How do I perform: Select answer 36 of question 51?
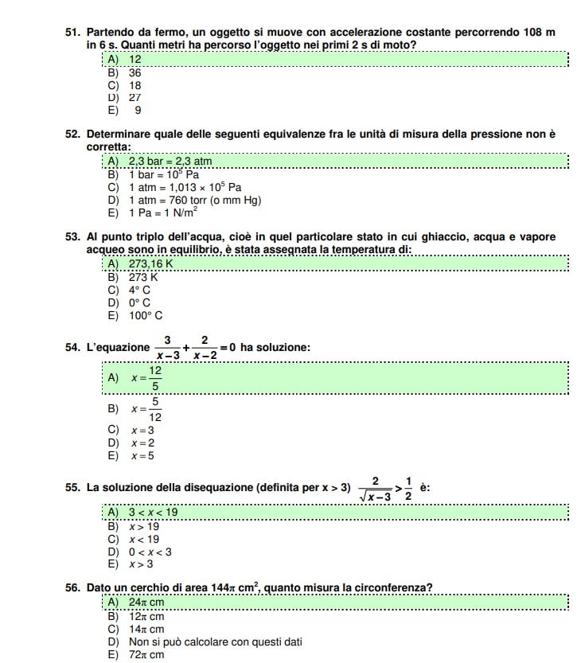pyautogui.click(x=135, y=72)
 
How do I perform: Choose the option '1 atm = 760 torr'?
pyautogui.click(x=194, y=200)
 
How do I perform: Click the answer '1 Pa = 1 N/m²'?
pyautogui.click(x=162, y=213)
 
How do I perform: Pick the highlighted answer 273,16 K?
pyautogui.click(x=150, y=264)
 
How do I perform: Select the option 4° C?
pyautogui.click(x=139, y=290)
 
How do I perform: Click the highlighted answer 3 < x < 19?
pyautogui.click(x=153, y=513)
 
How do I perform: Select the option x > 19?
pyautogui.click(x=143, y=526)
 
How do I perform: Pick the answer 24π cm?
pyautogui.click(x=146, y=603)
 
